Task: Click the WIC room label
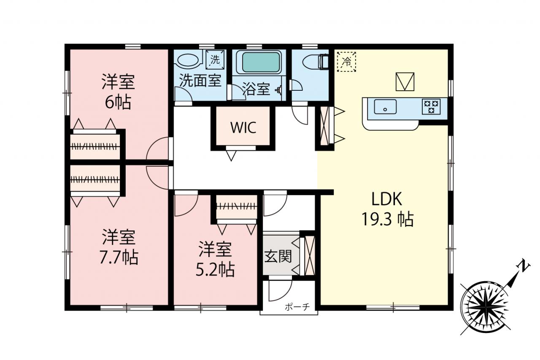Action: [243, 127]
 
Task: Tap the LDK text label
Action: [387, 199]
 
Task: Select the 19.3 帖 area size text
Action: [387, 219]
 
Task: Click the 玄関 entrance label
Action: [278, 256]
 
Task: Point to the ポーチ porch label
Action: [297, 307]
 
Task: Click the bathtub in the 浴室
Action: [259, 62]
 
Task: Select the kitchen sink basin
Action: [385, 107]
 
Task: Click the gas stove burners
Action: [431, 107]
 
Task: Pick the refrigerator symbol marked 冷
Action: [347, 62]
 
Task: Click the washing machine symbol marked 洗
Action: [215, 60]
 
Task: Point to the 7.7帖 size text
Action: [119, 258]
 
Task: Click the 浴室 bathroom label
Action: [256, 89]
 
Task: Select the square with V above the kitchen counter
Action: [405, 82]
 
